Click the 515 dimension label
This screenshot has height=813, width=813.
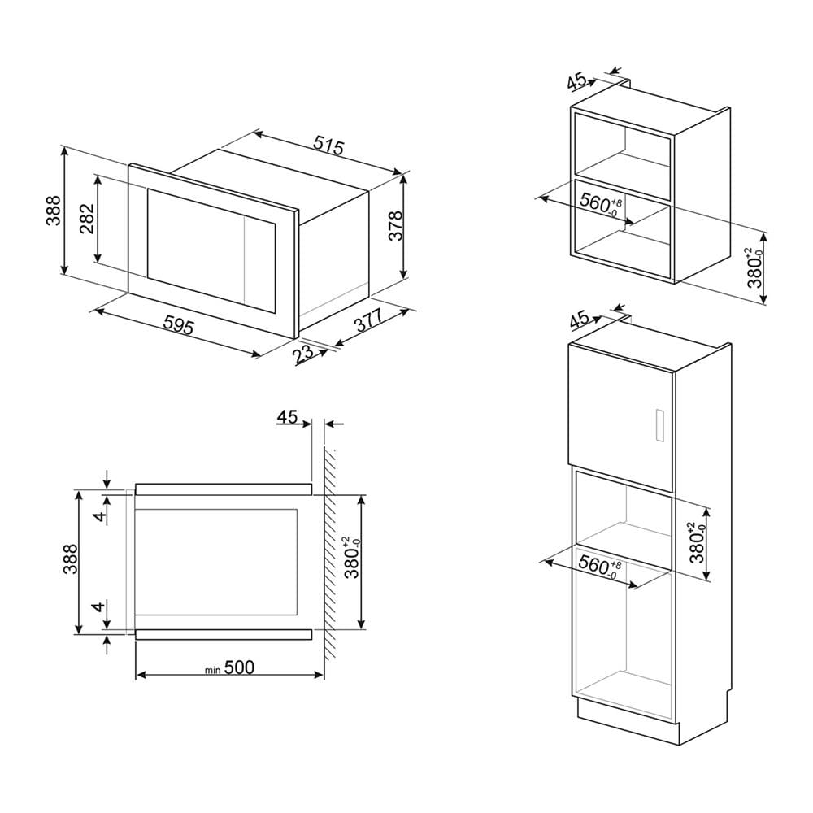328,146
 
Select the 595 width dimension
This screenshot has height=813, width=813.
178,326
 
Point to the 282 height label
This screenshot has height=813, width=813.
88,218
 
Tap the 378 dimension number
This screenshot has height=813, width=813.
395,225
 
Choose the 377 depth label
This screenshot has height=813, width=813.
367,320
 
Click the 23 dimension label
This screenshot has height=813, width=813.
302,354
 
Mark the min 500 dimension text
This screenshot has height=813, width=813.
229,667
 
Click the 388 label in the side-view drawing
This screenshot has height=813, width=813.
70,559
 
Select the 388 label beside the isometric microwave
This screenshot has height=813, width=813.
54,211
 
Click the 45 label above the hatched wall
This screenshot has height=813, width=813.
287,416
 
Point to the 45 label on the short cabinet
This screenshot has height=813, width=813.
576,82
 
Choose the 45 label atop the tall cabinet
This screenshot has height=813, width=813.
579,320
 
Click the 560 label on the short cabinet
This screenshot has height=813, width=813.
600,203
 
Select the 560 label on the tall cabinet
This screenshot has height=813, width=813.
599,566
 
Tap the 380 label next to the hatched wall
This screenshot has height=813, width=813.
353,558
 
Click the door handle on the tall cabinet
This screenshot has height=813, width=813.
660,425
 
